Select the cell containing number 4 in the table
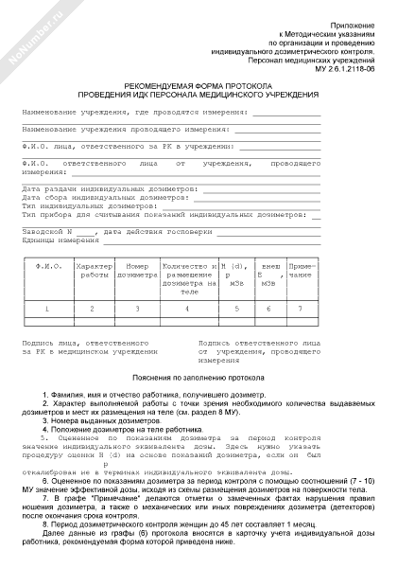pyautogui.click(x=187, y=309)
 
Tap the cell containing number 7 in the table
pyautogui.click(x=300, y=309)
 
